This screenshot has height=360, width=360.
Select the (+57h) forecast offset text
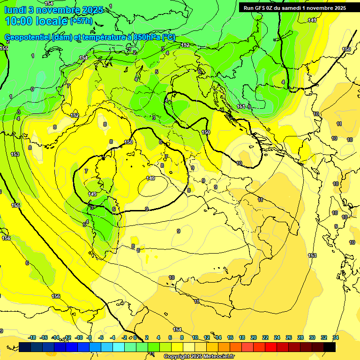pyautogui.click(x=81, y=21)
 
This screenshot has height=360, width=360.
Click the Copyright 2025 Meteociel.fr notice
pyautogui.click(x=199, y=356)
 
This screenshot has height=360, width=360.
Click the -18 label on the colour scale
pyautogui.click(x=32, y=337)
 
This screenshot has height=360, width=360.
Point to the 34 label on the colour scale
pyautogui.click(x=336, y=337)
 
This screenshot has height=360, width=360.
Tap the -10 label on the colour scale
pyautogui.click(x=79, y=337)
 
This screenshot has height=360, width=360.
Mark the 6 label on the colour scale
pyautogui.click(x=170, y=337)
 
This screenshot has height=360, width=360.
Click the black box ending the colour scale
pyautogui.click(x=330, y=347)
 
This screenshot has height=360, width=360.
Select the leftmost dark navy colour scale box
pyautogui.click(x=25, y=347)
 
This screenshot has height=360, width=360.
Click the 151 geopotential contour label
pyautogui.click(x=241, y=107)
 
